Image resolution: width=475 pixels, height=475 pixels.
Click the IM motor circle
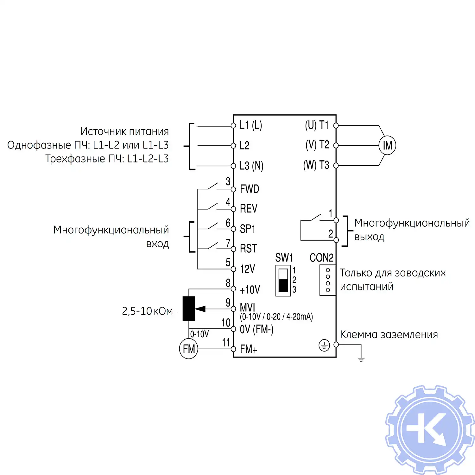tap(387, 145)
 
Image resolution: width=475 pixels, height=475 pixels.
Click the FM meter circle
tap(189, 349)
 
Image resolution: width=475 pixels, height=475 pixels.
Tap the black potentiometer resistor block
tap(189, 309)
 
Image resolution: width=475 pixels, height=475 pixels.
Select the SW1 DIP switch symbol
tap(283, 281)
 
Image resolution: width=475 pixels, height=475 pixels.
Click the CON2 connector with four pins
tap(328, 280)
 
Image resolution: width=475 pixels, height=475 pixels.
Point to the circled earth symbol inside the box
tap(324, 345)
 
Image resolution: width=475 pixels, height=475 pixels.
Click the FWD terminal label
tap(250, 189)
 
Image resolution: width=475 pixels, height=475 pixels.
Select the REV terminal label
tap(249, 209)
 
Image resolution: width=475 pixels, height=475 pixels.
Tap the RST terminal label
tap(248, 249)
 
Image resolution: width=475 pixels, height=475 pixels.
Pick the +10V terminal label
tap(250, 289)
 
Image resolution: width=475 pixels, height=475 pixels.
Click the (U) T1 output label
tap(317, 125)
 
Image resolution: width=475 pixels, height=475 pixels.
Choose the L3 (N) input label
tap(251, 166)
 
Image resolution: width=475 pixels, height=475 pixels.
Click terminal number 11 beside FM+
tap(226, 343)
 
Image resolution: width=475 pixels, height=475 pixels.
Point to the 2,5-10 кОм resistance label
tap(147, 311)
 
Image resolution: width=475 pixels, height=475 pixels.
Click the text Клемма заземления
tap(389, 334)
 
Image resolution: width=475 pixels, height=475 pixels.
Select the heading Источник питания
tap(124, 131)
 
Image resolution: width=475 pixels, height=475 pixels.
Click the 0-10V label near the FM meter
tap(199, 334)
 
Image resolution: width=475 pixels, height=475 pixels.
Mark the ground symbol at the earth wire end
tap(361, 359)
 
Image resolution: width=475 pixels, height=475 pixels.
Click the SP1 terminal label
tap(248, 229)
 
